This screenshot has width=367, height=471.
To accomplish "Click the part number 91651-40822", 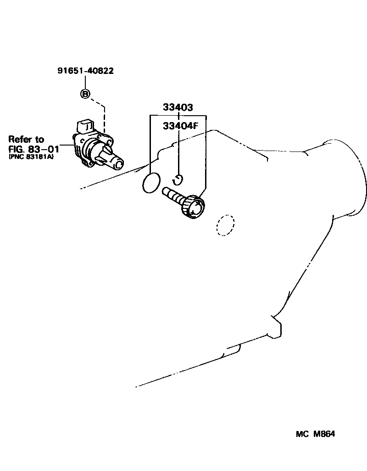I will click(85, 71).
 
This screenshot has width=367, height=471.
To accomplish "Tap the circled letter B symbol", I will click(85, 94).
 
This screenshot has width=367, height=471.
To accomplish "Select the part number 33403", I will click(178, 107).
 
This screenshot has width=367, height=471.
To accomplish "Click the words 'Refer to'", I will click(26, 139).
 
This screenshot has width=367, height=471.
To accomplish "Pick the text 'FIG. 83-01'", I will click(33, 149).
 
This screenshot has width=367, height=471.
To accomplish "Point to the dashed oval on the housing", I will click(225, 225).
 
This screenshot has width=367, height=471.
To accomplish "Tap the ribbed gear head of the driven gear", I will click(194, 206).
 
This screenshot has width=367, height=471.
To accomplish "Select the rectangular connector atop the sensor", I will click(86, 126).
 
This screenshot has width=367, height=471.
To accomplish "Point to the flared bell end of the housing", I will click(356, 179).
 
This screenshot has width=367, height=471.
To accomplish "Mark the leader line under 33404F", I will click(178, 151).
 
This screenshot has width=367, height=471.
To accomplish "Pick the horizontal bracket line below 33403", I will click(178, 115).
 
